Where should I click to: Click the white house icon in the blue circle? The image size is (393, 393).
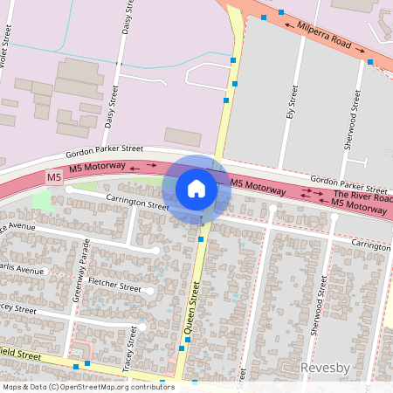[196, 188]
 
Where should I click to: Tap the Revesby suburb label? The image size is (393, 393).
[325, 368]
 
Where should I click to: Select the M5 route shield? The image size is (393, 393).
[54, 177]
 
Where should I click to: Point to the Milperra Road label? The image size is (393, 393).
[324, 37]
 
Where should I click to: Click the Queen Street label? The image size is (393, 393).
[190, 309]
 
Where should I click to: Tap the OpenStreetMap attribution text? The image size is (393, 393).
[87, 387]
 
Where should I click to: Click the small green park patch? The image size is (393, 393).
[41, 200]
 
